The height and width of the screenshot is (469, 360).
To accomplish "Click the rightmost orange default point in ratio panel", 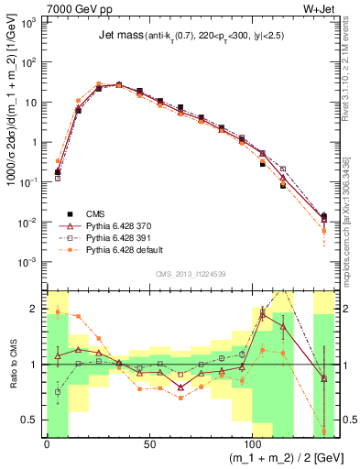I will (323, 431).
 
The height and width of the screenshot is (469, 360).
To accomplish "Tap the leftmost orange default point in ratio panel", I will (58, 311).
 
